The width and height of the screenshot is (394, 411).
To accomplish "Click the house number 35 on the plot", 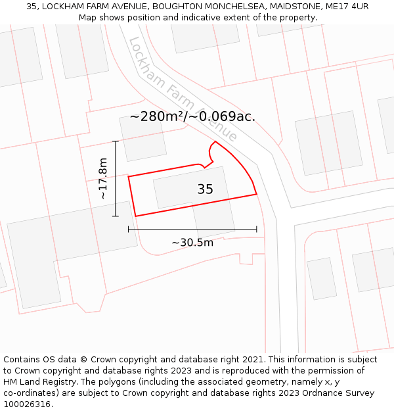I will coord(205,189).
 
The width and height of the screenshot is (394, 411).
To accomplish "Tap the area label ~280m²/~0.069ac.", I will coord(192,116).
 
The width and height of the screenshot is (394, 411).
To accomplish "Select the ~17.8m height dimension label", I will coord(103,178).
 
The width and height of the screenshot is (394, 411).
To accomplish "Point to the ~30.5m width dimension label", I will coord(192,243).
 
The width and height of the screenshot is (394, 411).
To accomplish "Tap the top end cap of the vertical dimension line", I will coord(116,141).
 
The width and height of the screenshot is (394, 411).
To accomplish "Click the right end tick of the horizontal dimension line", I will coord(257,229).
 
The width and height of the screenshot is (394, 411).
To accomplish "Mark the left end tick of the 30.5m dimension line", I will coord(129,229).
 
